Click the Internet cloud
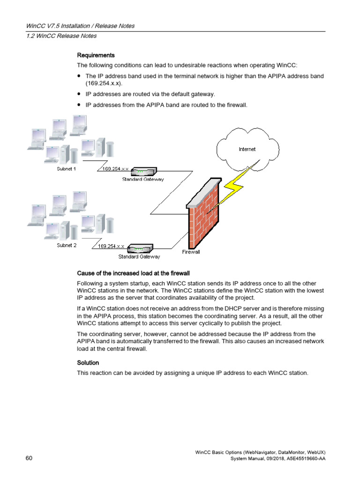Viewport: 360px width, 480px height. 247,149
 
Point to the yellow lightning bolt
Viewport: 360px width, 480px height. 234,185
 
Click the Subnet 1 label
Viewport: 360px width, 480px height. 66,169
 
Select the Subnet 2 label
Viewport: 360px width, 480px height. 67,245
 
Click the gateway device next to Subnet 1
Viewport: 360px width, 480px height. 142,172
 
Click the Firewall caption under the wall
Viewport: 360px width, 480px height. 191,252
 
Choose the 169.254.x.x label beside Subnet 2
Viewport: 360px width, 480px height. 111,246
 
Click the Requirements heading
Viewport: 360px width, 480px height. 96,55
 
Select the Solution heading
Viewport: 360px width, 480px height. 88,363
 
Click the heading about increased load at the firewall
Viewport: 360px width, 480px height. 133,273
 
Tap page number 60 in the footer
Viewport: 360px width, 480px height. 29,458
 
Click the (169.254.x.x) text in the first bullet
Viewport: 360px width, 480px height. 102,83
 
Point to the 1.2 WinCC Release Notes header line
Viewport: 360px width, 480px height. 61,36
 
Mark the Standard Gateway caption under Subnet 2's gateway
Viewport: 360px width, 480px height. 139,256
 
